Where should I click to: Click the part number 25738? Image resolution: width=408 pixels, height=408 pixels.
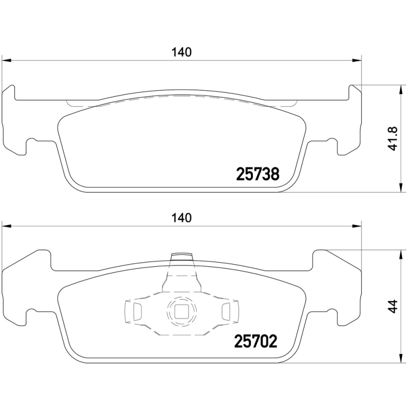pyautogui.click(x=258, y=174)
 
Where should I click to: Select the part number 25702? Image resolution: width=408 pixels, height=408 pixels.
pyautogui.click(x=256, y=341)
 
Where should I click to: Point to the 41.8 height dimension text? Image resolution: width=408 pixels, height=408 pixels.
pyautogui.click(x=392, y=139)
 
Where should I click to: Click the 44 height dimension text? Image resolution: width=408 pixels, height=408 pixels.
pyautogui.click(x=392, y=306)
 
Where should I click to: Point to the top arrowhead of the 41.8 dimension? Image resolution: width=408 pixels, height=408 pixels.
pyautogui.click(x=399, y=87)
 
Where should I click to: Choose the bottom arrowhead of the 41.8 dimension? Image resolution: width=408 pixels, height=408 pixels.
pyautogui.click(x=399, y=190)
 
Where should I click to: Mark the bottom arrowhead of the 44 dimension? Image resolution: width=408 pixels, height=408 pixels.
pyautogui.click(x=399, y=359)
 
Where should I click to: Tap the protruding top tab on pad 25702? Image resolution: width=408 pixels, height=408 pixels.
pyautogui.click(x=182, y=258)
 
